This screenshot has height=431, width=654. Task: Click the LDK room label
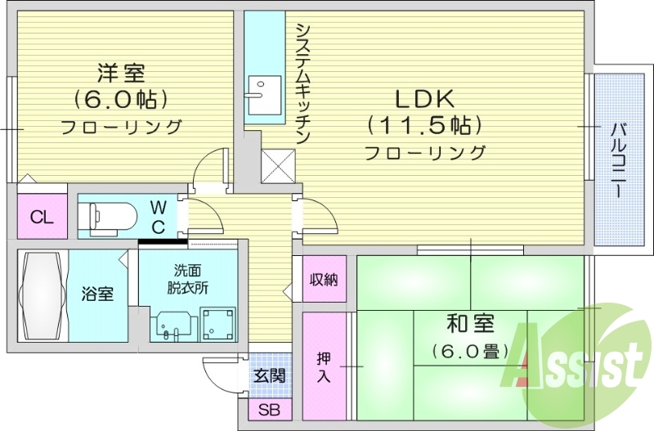coord(424,99)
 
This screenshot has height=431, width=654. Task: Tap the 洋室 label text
coord(121,74)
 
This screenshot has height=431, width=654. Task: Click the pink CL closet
coord(38,217)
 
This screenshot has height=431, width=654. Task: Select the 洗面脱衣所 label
coord(187,278)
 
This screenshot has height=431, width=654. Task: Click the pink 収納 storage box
coord(323,279)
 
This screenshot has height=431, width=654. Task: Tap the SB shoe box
coord(269,410)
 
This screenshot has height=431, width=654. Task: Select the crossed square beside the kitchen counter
coord(277,166)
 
